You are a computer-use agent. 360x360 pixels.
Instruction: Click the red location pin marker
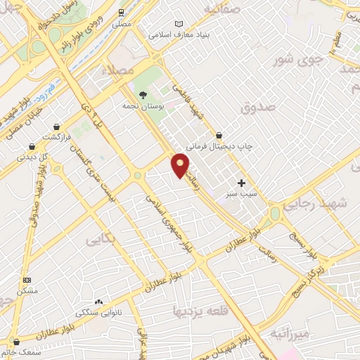181,165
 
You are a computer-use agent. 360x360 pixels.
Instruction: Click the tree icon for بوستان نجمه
143,94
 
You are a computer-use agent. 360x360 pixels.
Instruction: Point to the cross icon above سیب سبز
241,183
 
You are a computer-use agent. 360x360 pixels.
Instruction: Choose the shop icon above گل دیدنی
32,146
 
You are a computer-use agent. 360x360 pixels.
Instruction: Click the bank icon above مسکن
27,280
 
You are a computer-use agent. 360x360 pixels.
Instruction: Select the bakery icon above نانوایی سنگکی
98,301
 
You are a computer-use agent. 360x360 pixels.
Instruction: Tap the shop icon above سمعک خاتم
16,342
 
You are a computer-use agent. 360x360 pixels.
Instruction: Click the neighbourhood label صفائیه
222,9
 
